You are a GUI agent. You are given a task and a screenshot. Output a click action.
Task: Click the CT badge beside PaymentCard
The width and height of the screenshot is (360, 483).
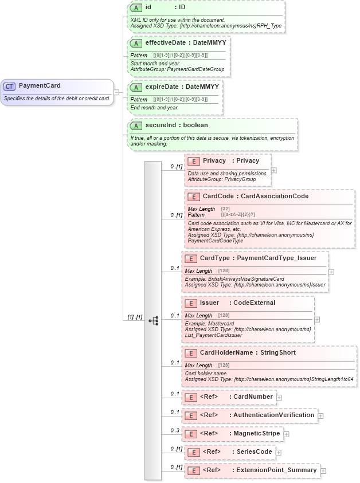pos(9,86)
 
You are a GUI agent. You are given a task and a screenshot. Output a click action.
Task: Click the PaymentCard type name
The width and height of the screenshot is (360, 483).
pos(40,86)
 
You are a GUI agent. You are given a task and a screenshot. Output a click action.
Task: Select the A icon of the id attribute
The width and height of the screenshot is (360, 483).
pos(136,8)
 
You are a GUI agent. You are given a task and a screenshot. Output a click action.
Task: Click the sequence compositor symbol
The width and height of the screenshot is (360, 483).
pos(153,321)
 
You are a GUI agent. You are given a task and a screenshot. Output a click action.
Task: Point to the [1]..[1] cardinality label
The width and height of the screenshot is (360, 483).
pos(133,317)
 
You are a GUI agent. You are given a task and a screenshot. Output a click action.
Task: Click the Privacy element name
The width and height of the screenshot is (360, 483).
pos(214,160)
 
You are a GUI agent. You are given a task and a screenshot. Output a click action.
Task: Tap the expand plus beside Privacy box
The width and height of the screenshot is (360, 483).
pos(274,170)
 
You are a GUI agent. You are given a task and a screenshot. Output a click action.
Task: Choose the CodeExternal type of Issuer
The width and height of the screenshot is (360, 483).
pos(255,303)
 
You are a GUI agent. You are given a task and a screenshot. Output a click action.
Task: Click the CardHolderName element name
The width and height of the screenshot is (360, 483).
pos(226,352)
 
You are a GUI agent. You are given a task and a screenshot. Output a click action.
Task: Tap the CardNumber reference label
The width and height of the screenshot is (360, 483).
pos(253,396)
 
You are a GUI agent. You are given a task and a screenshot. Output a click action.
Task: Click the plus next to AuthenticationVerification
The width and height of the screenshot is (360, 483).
pos(320,416)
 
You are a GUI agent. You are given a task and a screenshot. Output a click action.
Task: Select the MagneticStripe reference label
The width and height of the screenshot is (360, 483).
pos(256,433)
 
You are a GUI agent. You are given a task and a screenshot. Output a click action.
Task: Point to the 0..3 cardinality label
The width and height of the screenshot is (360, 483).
pos(174,430)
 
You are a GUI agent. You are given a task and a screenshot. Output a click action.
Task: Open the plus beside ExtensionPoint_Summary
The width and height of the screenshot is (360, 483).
pos(323,471)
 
